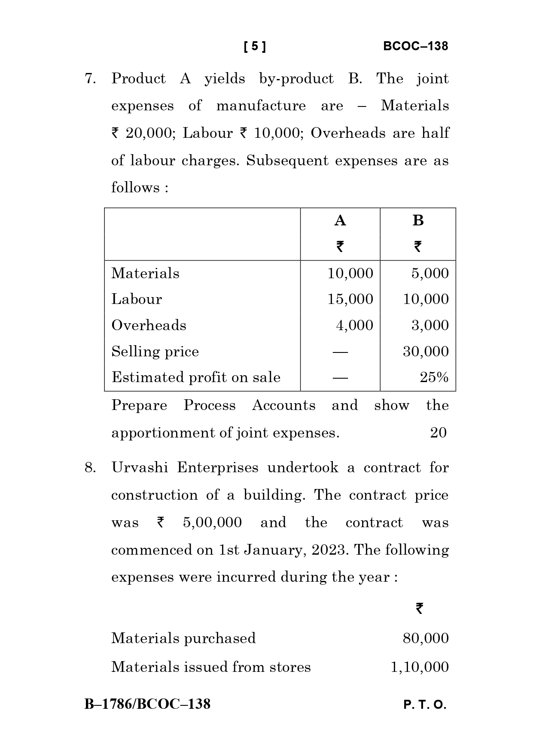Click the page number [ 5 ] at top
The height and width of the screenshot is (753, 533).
coord(255,46)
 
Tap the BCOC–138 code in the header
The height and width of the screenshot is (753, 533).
coord(415,46)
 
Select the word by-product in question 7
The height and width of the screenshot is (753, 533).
coord(296,79)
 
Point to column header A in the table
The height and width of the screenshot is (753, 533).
coord(340,221)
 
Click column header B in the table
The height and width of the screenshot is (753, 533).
coord(418,221)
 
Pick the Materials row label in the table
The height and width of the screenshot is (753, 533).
coord(145,273)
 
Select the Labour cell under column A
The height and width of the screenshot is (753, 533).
coord(350,299)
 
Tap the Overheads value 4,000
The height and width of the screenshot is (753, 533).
coord(354,325)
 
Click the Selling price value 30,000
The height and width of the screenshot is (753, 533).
coord(426,352)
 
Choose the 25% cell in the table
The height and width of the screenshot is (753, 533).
coord(434,377)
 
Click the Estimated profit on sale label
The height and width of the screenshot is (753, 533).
coord(196,377)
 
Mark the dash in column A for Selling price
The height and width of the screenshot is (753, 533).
coord(340,352)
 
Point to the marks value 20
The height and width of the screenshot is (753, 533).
coord(438,433)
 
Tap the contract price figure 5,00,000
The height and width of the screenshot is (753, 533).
coord(212,522)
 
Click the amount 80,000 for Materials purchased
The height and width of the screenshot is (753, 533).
coord(426,638)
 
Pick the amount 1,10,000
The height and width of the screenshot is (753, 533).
coord(419,667)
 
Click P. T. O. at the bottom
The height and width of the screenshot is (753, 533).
coord(425,705)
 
